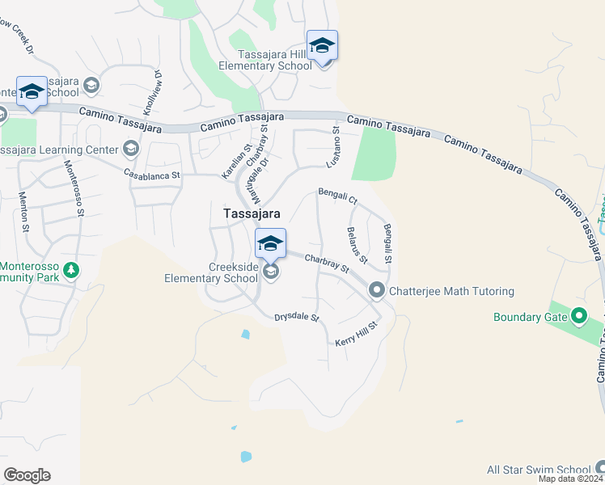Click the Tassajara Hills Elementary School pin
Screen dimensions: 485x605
[321, 46]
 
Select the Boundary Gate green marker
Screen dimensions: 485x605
[579, 316]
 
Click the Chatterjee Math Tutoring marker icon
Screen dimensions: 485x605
[376, 289]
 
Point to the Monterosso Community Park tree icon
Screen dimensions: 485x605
[72, 270]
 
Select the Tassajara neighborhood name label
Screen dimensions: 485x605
[252, 213]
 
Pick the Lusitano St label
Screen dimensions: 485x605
[332, 146]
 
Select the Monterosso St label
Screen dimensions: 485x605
[74, 188]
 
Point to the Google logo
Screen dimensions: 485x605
[27, 475]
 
